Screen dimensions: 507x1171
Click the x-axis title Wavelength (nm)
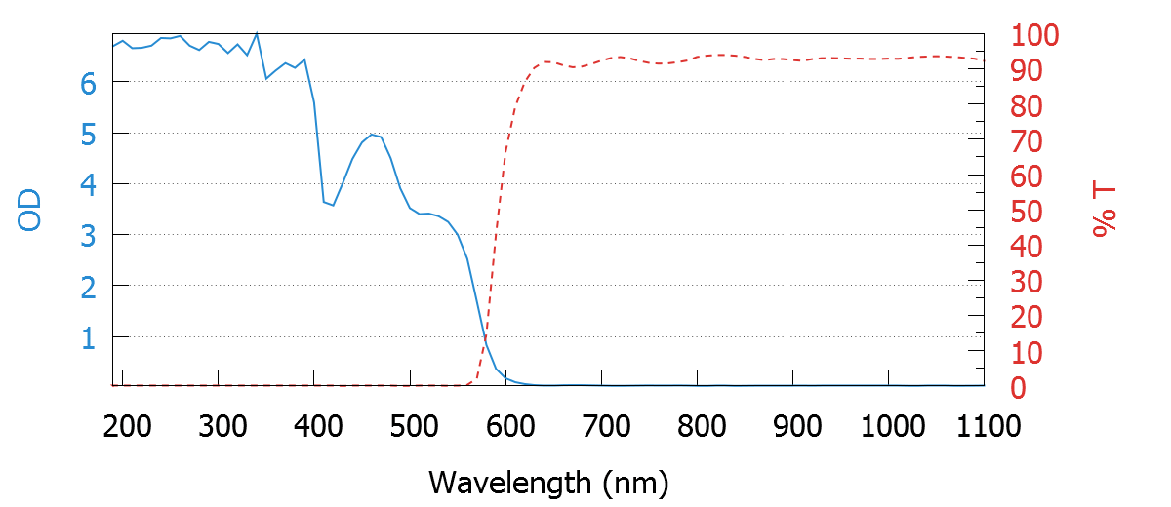pyautogui.click(x=547, y=482)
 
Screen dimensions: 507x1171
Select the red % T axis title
pyautogui.click(x=1104, y=211)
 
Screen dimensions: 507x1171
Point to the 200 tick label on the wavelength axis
pyautogui.click(x=123, y=426)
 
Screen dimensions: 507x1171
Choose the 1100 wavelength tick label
pyautogui.click(x=983, y=426)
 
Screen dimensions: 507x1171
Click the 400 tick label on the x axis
pyautogui.click(x=315, y=426)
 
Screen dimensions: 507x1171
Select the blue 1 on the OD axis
pyautogui.click(x=88, y=337)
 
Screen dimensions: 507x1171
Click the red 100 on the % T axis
pyautogui.click(x=1035, y=36)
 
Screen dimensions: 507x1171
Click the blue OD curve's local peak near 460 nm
pyautogui.click(x=372, y=134)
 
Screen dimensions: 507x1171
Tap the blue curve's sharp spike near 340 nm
pyautogui.click(x=257, y=33)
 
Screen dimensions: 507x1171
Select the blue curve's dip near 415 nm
pyautogui.click(x=333, y=205)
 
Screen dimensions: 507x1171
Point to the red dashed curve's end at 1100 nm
pyautogui.click(x=984, y=60)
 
